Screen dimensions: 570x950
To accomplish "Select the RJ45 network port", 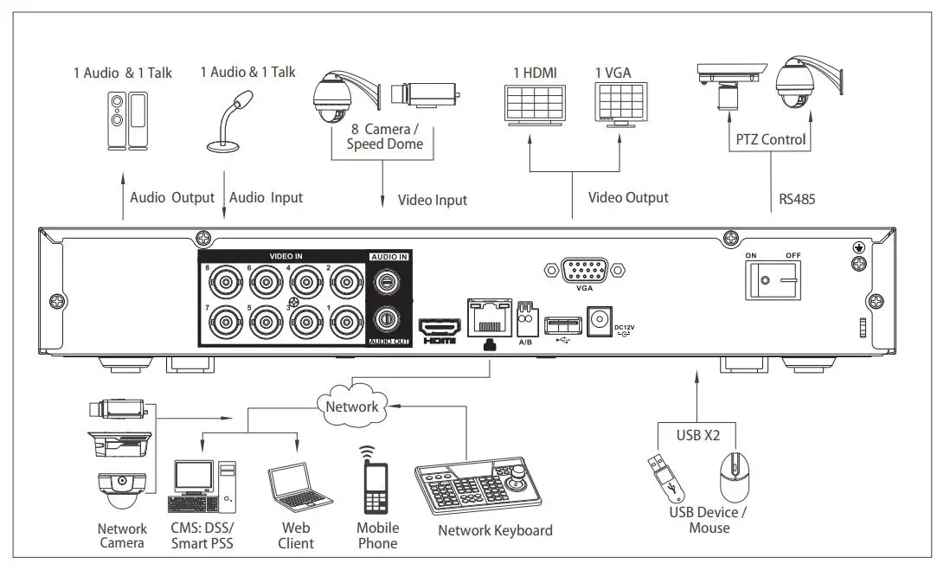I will point(491,317).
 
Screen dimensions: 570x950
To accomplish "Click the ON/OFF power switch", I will point(773,279).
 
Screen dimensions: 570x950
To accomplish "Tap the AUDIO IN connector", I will point(388,282).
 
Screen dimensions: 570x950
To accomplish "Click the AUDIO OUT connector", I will point(388,318).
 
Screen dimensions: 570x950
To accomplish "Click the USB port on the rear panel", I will point(562,325).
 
